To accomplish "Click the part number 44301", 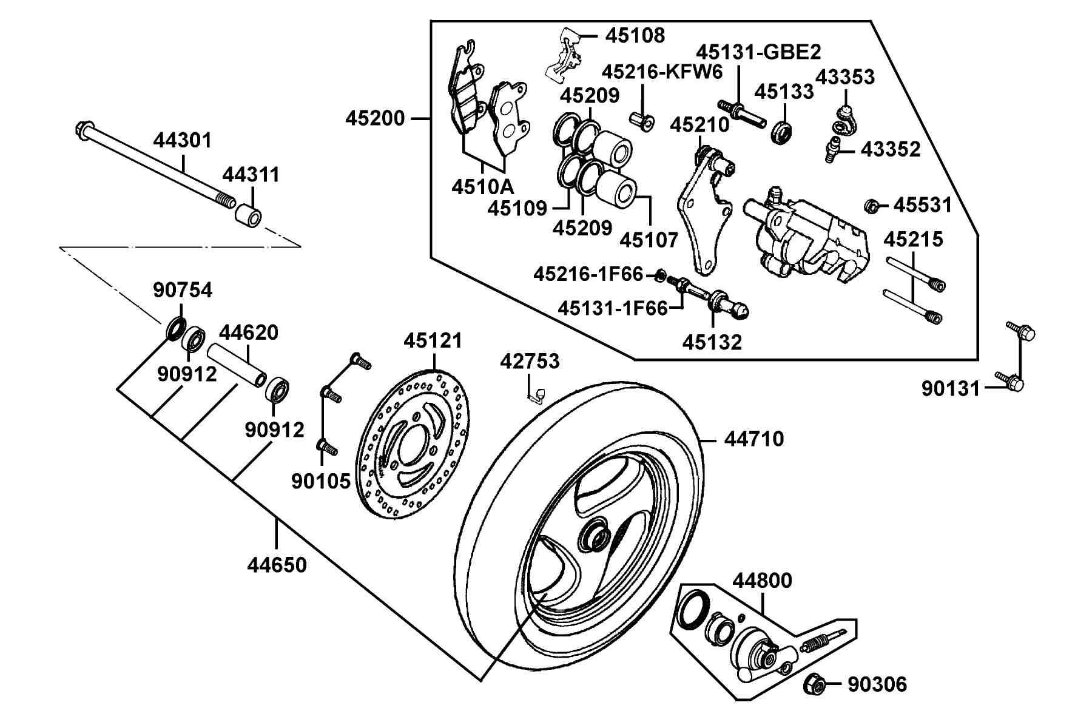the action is (x=183, y=141).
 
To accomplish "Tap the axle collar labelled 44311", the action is (x=249, y=216).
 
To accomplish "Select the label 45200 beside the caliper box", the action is (x=375, y=118).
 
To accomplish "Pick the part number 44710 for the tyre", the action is (x=754, y=439).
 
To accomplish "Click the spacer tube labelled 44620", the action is (x=237, y=365).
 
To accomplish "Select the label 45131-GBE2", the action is (x=758, y=52).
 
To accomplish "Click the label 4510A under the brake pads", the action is (x=482, y=186).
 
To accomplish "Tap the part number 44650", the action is (x=277, y=565).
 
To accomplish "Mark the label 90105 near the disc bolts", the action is (x=321, y=481).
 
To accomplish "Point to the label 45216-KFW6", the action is (x=662, y=73).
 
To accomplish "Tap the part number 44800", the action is (x=762, y=581).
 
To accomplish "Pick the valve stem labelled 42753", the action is (x=536, y=394).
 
